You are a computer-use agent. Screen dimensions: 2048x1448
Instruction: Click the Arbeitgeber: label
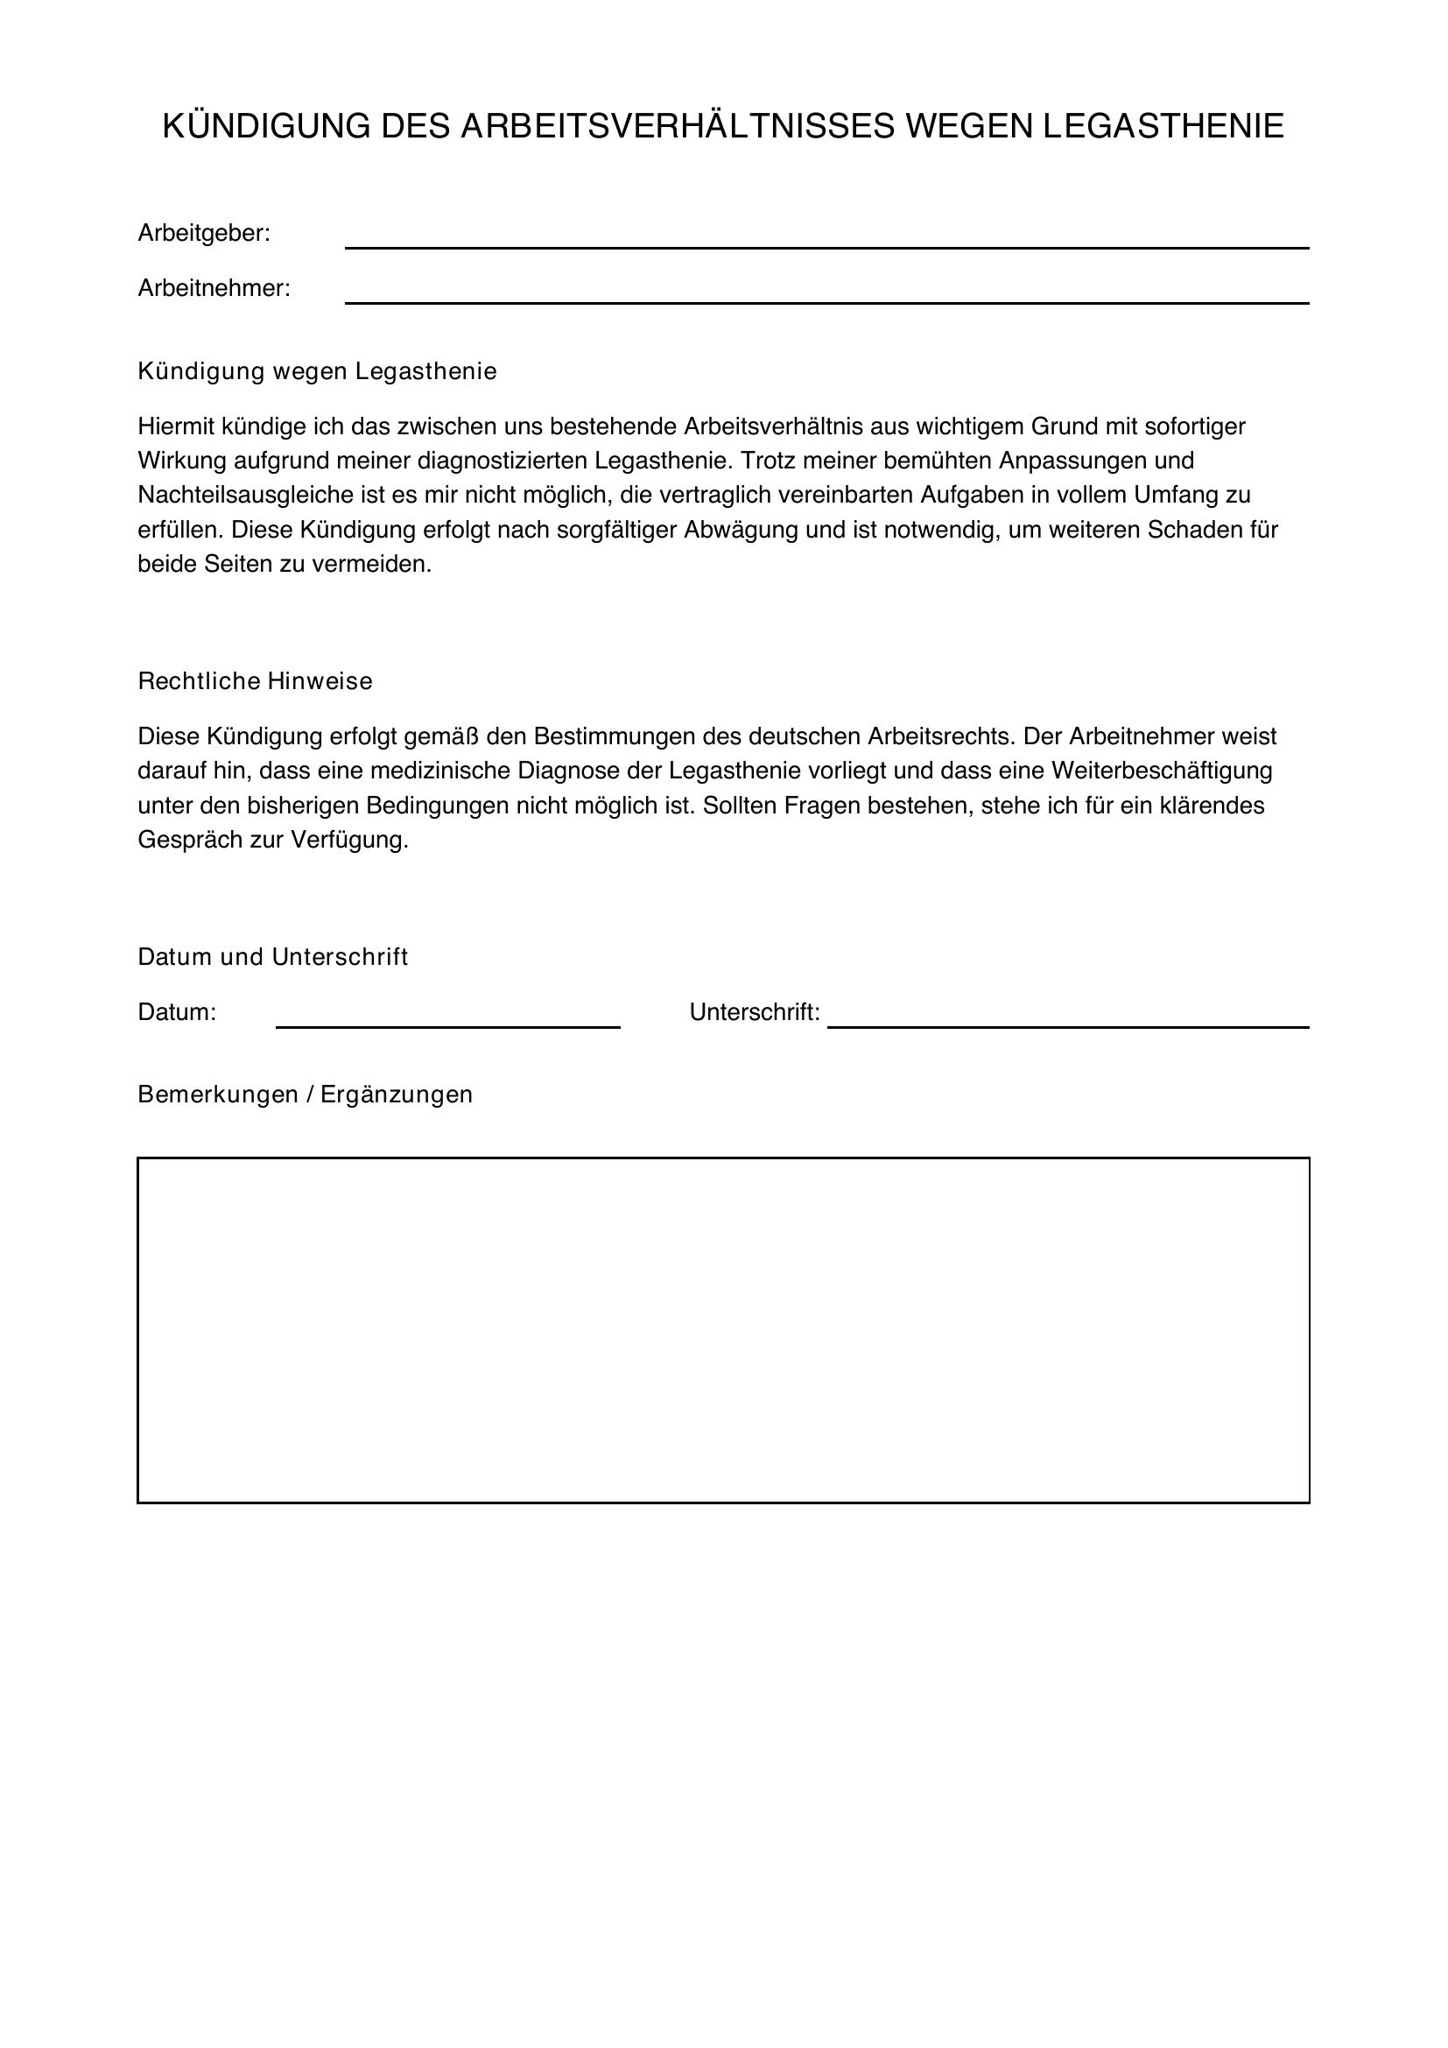click(203, 234)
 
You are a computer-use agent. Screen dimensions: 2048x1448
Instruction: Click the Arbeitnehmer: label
click(214, 289)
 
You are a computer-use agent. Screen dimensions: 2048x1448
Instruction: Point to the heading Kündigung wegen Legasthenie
click(317, 371)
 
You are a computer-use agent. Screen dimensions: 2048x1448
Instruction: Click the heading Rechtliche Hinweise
click(255, 681)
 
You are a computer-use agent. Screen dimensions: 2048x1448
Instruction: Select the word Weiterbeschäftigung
click(1162, 771)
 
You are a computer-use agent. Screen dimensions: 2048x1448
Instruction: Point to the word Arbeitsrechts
click(939, 736)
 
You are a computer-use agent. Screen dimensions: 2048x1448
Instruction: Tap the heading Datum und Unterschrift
click(273, 957)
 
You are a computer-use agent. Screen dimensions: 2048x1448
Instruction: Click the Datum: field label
click(177, 1012)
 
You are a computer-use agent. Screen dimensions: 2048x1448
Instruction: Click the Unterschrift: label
click(755, 1012)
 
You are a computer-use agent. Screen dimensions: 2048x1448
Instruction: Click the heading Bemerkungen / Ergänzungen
click(305, 1094)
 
